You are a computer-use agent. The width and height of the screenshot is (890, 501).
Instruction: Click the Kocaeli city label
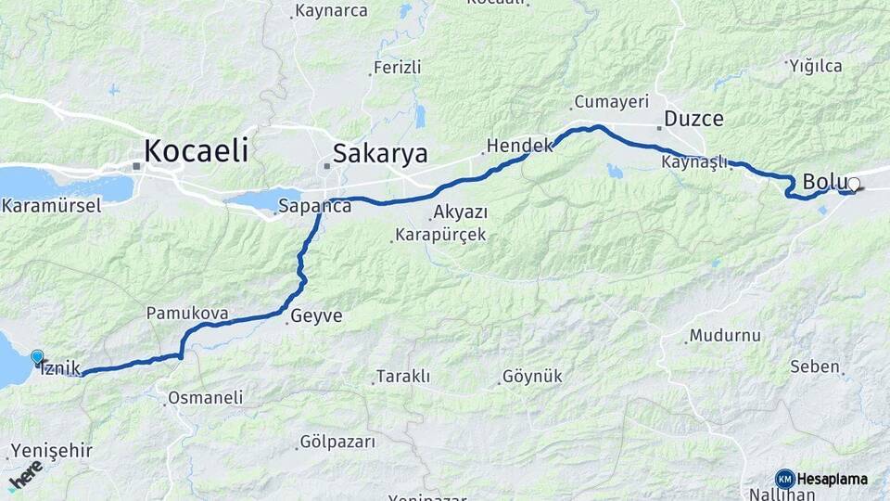pyautogui.click(x=196, y=151)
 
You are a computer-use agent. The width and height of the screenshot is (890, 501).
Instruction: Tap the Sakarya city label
pyautogui.click(x=380, y=152)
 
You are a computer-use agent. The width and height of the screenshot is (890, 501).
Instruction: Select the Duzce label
pyautogui.click(x=693, y=119)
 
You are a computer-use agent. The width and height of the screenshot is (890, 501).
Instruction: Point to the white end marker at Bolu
pyautogui.click(x=854, y=185)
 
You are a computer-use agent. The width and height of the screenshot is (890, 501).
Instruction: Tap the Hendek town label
pyautogui.click(x=520, y=146)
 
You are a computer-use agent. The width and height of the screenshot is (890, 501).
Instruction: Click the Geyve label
pyautogui.click(x=316, y=316)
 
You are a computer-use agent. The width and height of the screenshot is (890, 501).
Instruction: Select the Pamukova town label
pyautogui.click(x=187, y=314)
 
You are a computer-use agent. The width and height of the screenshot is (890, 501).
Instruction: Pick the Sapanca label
pyautogui.click(x=317, y=207)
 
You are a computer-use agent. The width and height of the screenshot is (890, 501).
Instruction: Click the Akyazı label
pyautogui.click(x=460, y=212)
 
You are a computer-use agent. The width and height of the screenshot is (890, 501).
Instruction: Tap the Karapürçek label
pyautogui.click(x=440, y=235)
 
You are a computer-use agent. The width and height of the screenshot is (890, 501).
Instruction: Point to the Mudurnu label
pyautogui.click(x=725, y=336)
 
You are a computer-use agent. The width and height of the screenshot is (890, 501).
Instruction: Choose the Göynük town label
pyautogui.click(x=531, y=378)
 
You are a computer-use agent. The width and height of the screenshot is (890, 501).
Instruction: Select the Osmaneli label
pyautogui.click(x=205, y=398)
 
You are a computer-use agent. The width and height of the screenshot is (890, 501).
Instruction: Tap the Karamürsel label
pyautogui.click(x=52, y=206)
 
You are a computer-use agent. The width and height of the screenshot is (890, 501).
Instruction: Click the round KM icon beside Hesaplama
pyautogui.click(x=785, y=479)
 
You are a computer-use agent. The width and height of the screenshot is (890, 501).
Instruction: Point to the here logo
pyautogui.click(x=25, y=480)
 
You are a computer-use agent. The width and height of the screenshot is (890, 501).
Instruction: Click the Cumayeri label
pyautogui.click(x=611, y=101)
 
